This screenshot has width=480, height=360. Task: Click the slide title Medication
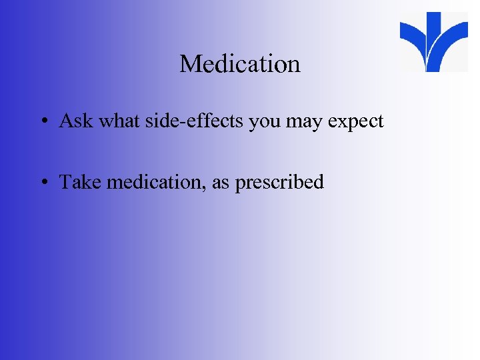click(x=240, y=64)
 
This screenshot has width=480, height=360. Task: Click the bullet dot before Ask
click(x=42, y=122)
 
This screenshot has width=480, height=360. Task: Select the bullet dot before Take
click(x=42, y=183)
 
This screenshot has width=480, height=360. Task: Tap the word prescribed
click(x=280, y=183)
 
